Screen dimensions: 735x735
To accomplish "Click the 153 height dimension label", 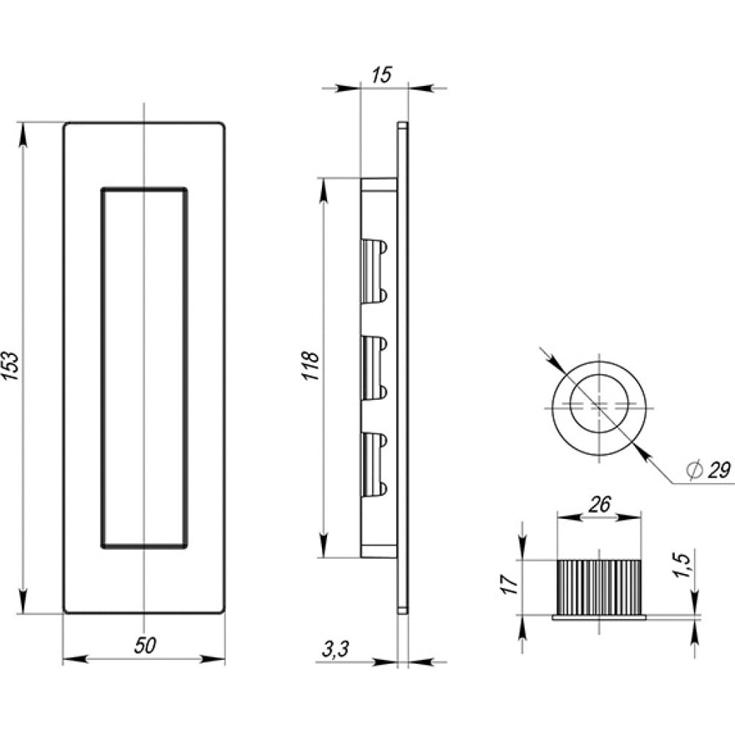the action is (12, 365).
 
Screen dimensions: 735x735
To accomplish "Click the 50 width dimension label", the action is (145, 645).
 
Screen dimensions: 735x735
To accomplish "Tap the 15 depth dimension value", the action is (381, 76).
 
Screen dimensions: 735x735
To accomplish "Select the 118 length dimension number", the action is (311, 365).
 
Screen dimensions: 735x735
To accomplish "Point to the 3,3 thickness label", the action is (336, 649).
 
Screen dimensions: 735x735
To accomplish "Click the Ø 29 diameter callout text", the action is (709, 470).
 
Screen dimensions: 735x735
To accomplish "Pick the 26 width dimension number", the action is (600, 504).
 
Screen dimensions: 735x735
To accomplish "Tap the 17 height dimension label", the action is (510, 584).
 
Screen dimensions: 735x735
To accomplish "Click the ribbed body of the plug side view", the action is (598, 587).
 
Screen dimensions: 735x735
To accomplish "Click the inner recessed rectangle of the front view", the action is (101, 368).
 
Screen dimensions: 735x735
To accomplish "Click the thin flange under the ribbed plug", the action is (599, 618).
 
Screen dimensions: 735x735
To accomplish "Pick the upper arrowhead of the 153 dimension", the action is (23, 135).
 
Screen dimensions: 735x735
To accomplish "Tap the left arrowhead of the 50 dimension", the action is (75, 659).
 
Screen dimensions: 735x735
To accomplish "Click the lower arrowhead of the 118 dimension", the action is (323, 545).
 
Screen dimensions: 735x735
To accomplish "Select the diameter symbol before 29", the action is (693, 470).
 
